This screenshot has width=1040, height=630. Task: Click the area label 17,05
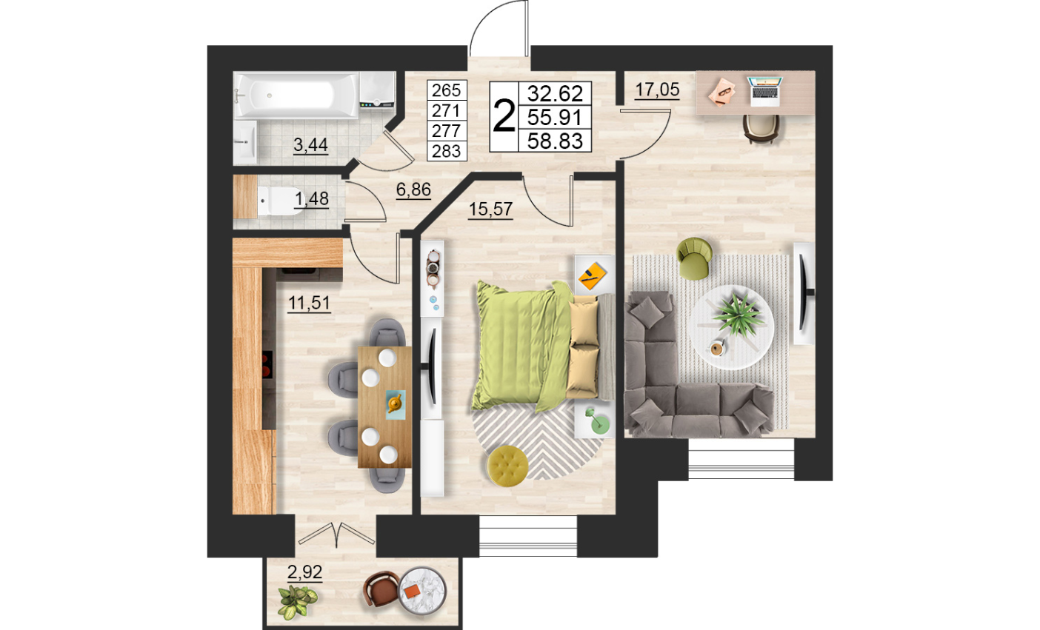click(x=657, y=90)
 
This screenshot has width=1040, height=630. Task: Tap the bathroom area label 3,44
click(x=310, y=145)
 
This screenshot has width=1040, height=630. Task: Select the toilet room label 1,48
click(x=312, y=199)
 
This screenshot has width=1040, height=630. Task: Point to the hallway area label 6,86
click(x=413, y=190)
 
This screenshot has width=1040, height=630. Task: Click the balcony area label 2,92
click(x=304, y=572)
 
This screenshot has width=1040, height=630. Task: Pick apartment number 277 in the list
click(x=446, y=131)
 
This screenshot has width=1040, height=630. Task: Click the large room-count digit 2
click(x=504, y=116)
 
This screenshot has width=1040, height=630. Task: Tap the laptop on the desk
click(x=764, y=91)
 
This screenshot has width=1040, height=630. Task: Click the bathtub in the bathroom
click(x=297, y=95)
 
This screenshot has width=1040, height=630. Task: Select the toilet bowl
click(x=279, y=201)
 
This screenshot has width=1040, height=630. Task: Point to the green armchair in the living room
click(x=694, y=258)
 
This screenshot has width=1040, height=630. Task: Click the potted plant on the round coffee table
click(x=739, y=313)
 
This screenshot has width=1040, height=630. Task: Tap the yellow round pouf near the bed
click(x=508, y=466)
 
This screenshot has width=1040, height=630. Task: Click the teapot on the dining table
click(x=395, y=403)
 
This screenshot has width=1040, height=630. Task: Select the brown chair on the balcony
click(x=381, y=589)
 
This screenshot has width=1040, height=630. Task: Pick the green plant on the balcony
click(x=297, y=601)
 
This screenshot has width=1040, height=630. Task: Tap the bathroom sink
click(x=244, y=142)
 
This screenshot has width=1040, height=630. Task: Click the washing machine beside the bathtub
click(x=377, y=90)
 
